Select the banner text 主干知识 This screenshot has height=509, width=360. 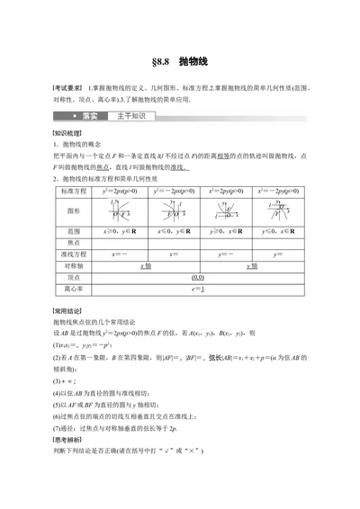click(134, 117)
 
